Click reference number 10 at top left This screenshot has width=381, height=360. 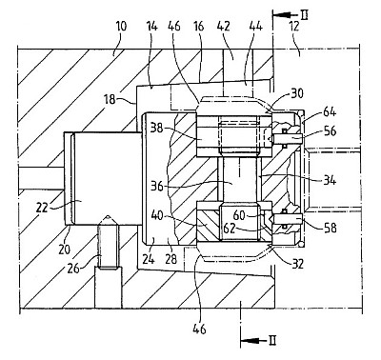(120, 26)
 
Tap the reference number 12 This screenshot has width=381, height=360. (294, 26)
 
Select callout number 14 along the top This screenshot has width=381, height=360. (152, 26)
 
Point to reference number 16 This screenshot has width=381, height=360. (198, 26)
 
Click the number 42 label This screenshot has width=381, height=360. (223, 26)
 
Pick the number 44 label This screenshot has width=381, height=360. (255, 26)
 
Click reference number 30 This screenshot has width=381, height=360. (296, 93)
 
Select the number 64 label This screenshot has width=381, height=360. (330, 111)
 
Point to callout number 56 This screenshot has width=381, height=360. (330, 130)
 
